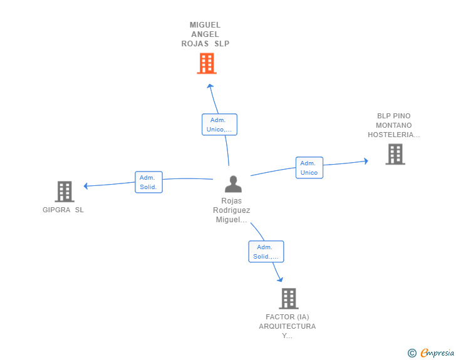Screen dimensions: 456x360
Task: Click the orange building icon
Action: click(x=207, y=63)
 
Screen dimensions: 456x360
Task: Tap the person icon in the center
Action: click(x=233, y=184)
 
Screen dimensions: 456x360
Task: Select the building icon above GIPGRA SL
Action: click(x=65, y=192)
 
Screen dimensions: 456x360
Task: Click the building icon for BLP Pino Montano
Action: click(x=395, y=154)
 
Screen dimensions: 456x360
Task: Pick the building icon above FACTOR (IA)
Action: click(x=289, y=299)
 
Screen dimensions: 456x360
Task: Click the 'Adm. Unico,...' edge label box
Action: click(x=220, y=125)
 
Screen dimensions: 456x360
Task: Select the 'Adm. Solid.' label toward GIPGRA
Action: click(x=148, y=182)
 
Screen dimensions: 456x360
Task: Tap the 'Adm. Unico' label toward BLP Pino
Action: click(x=309, y=168)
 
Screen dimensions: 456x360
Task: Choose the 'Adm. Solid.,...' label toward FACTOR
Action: click(x=266, y=252)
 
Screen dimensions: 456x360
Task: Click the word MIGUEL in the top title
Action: click(x=205, y=25)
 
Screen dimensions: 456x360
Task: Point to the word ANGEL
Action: click(x=205, y=34)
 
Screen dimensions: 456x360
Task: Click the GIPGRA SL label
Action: click(x=63, y=210)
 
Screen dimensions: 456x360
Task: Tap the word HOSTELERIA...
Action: click(x=394, y=135)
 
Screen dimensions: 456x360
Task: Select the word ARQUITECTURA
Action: click(x=288, y=326)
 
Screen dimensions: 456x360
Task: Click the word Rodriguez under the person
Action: click(x=232, y=210)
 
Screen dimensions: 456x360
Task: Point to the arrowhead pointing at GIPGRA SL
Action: click(x=85, y=186)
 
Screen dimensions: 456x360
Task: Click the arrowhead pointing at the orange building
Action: click(x=210, y=86)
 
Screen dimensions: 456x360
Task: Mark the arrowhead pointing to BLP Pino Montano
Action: click(x=366, y=161)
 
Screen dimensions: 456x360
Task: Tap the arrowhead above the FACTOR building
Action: click(x=281, y=279)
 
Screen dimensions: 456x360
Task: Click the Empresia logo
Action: click(x=431, y=352)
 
